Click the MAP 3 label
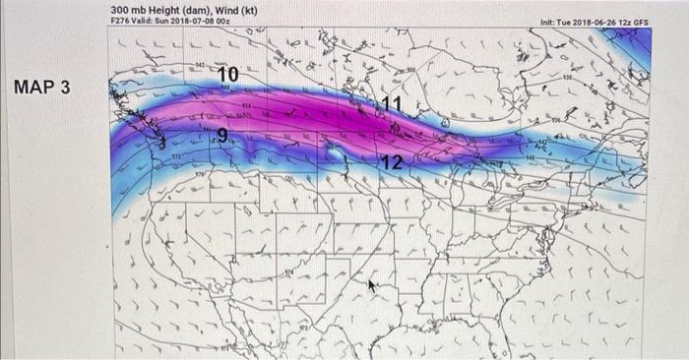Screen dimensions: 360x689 (42, 88)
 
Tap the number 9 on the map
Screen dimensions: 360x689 (222, 137)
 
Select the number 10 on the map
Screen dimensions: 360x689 (227, 75)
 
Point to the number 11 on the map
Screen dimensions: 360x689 (392, 104)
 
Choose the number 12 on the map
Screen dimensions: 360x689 (391, 162)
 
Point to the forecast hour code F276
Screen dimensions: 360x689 (120, 21)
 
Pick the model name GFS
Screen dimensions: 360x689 (642, 22)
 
